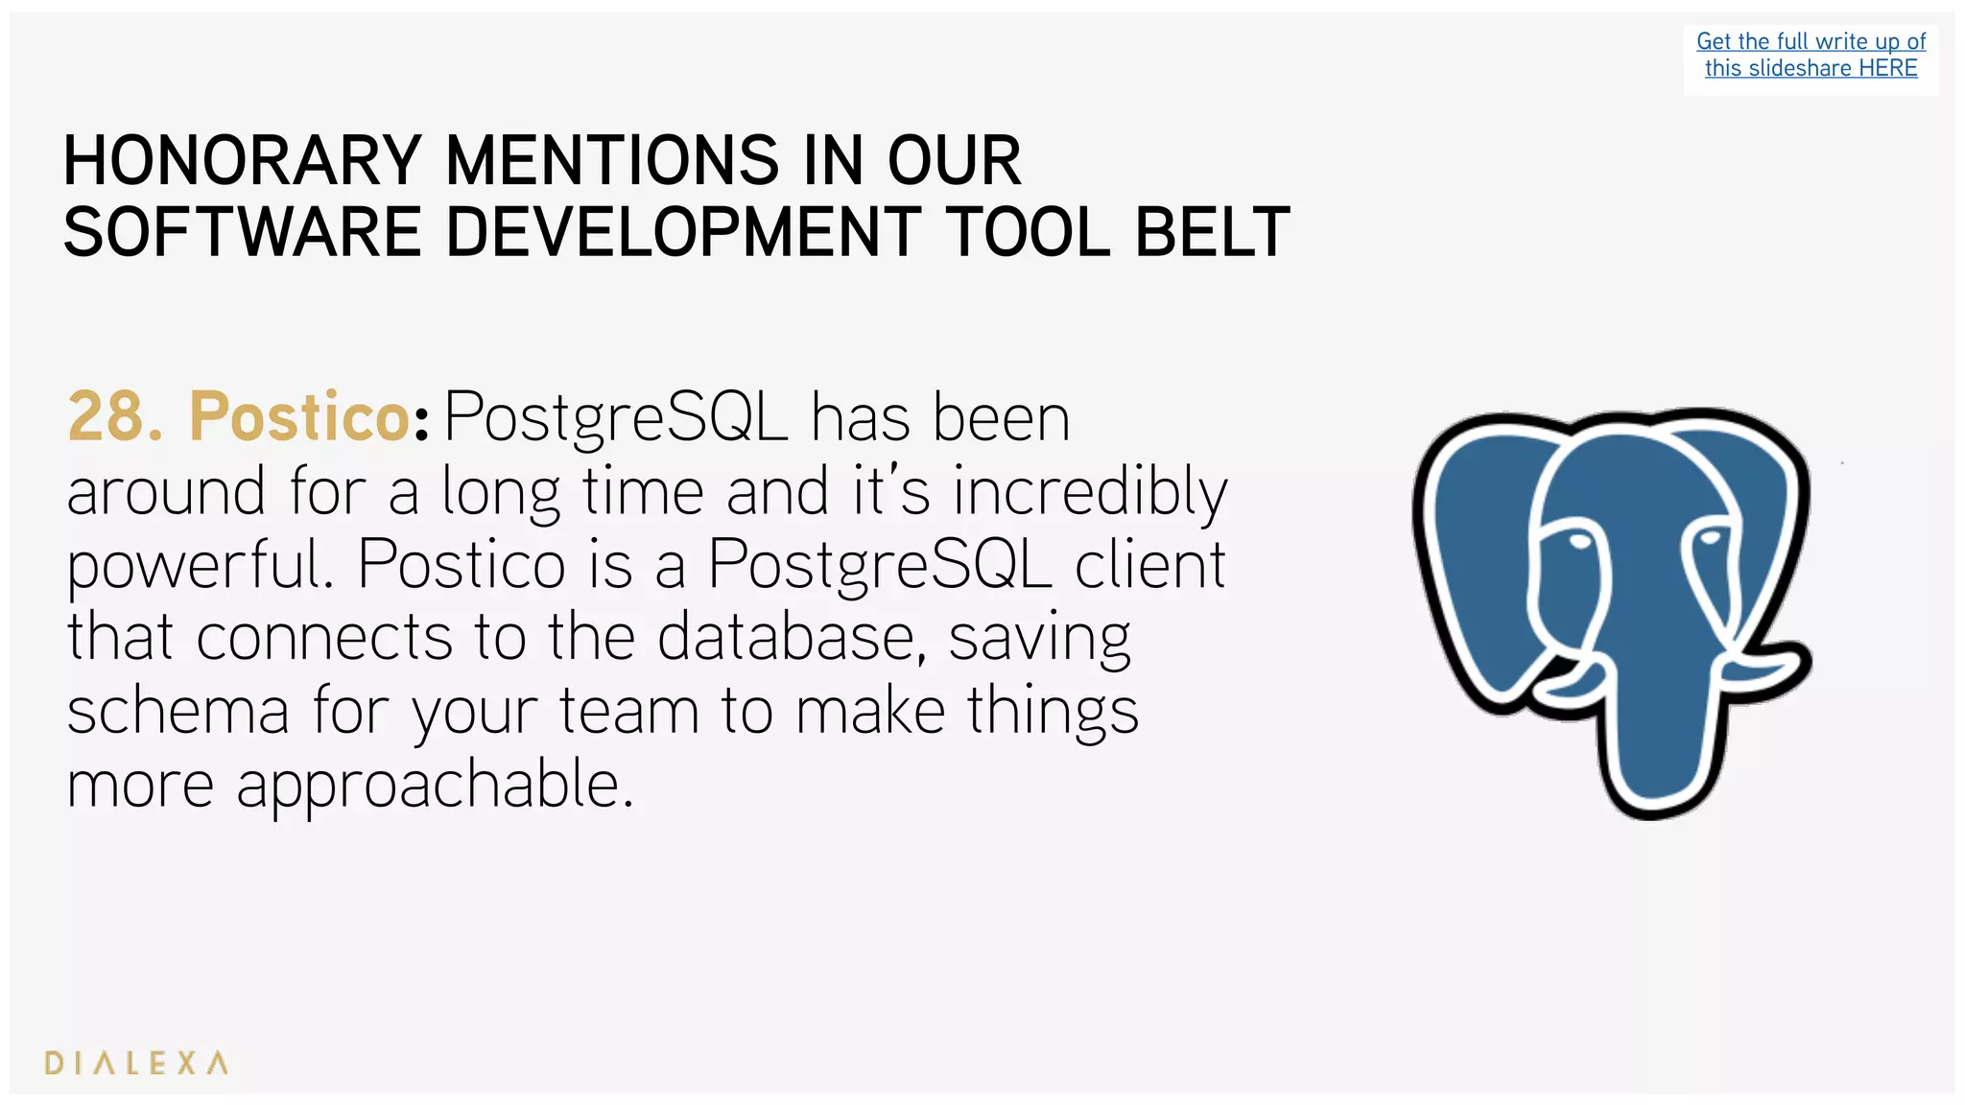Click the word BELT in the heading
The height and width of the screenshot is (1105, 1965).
coord(1212,233)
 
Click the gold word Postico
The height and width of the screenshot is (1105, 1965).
coord(299,417)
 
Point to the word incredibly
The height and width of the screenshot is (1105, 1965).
coord(1089,491)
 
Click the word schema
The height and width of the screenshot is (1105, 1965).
coord(178,711)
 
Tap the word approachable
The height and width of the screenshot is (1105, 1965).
coord(435,785)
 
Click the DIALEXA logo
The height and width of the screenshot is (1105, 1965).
coord(136,1063)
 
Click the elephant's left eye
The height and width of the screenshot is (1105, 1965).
coord(1578,543)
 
